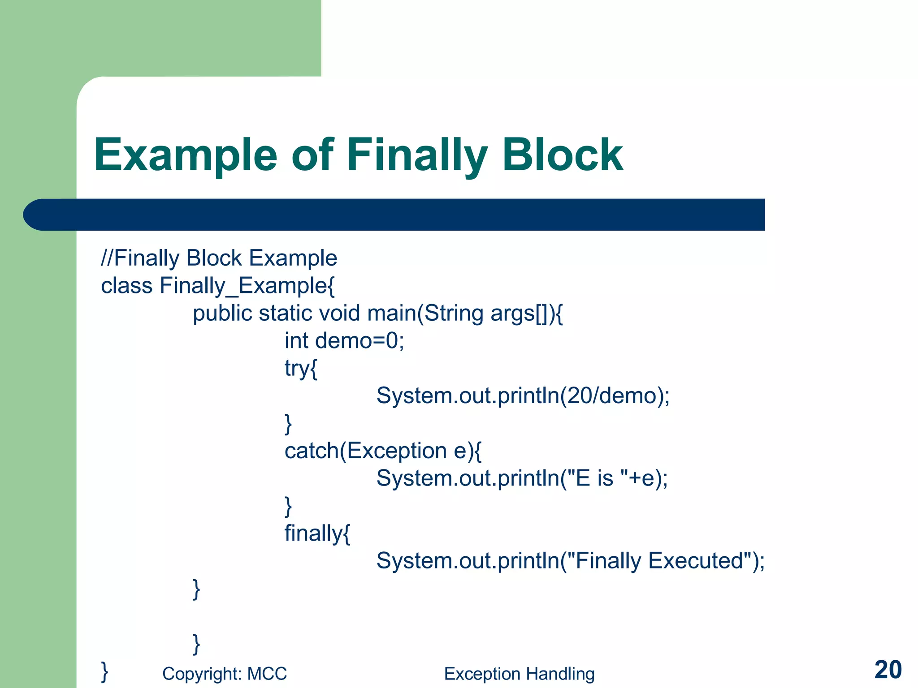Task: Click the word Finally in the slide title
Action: point(417,155)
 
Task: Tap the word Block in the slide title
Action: point(563,155)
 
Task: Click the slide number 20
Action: point(888,670)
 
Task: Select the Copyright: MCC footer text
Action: point(224,674)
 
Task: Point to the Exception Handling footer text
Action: point(519,674)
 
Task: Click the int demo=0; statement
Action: point(344,341)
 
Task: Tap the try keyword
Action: point(297,369)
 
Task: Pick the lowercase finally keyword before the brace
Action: point(313,533)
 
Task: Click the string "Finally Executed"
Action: point(659,561)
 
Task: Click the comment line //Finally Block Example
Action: point(219,258)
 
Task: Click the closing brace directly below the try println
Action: point(288,424)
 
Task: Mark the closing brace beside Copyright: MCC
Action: point(104,671)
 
